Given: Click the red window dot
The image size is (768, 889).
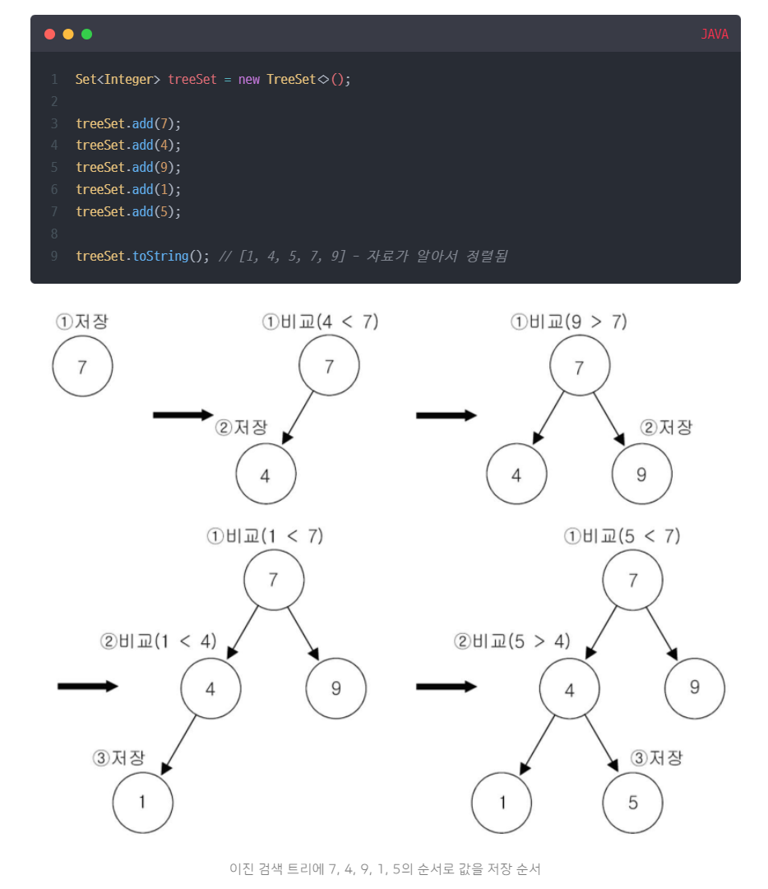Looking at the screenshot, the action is (49, 34).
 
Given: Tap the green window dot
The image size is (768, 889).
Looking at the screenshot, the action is (86, 34).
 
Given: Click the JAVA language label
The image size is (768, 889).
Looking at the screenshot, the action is (714, 35).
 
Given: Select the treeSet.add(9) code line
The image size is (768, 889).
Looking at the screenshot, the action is (127, 167).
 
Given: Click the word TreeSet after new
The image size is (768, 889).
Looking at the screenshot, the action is (290, 79).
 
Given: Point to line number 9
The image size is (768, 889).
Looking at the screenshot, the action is (54, 256).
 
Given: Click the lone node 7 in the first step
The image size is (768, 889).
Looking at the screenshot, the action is (82, 367).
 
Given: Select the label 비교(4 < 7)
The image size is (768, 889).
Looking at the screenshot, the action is (321, 322).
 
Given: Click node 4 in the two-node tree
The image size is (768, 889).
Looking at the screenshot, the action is (266, 475).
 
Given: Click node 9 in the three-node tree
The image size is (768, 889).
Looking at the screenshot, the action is (642, 475).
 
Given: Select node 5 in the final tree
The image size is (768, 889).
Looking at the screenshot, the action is (632, 802).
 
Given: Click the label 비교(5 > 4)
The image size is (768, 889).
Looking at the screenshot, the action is (511, 641).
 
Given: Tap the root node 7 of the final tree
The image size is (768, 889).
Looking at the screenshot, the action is (632, 580).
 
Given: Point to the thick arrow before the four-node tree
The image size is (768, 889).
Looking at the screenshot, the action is (88, 686).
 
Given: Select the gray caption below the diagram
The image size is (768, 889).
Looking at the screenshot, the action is (385, 868).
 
